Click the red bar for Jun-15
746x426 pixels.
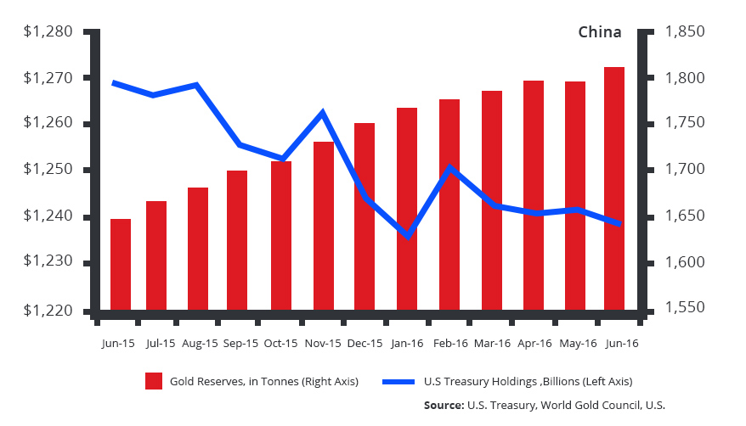[x=121, y=264]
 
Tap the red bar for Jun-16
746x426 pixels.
[x=614, y=188]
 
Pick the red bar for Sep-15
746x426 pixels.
[x=237, y=240]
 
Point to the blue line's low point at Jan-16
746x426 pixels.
[x=408, y=235]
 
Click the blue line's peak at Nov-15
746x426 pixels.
[x=323, y=112]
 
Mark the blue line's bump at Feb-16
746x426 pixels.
[x=449, y=167]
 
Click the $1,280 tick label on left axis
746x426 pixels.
[x=49, y=32]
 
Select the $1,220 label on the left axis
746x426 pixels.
[x=49, y=310]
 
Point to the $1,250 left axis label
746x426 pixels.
[x=49, y=171]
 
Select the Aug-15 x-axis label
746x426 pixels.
[x=201, y=344]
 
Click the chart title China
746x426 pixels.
[x=600, y=32]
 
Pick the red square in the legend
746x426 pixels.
[x=154, y=381]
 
